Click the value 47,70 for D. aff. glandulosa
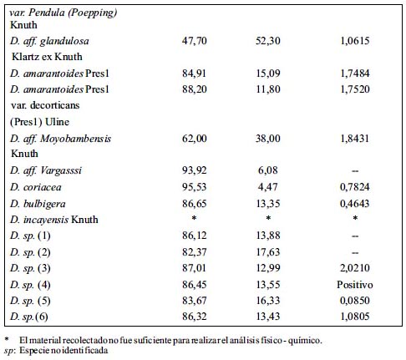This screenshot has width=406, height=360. click(x=195, y=41)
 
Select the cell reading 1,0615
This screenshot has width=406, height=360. click(x=355, y=41)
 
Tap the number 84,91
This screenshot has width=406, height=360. click(x=195, y=74)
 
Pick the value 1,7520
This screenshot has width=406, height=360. click(x=355, y=89)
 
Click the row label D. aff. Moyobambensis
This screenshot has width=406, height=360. click(x=61, y=139)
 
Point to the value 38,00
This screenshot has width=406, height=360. click(x=268, y=139)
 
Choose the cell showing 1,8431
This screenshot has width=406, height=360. click(x=355, y=139)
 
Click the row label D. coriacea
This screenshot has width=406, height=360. click(x=36, y=187)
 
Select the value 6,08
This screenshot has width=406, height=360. click(x=268, y=170)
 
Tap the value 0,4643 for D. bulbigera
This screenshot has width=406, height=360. click(x=355, y=204)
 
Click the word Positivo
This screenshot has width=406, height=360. click(x=355, y=285)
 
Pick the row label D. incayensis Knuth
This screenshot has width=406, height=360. click(x=54, y=220)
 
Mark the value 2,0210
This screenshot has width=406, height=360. click(x=355, y=268)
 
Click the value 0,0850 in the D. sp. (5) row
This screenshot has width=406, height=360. click(x=355, y=301)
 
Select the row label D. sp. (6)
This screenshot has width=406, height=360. click(x=29, y=317)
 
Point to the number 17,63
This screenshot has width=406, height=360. click(x=268, y=252)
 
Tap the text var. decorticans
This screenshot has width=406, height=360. click(x=45, y=105)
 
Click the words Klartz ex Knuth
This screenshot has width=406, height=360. click(x=47, y=57)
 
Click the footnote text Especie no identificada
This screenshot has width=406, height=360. click(x=63, y=350)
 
